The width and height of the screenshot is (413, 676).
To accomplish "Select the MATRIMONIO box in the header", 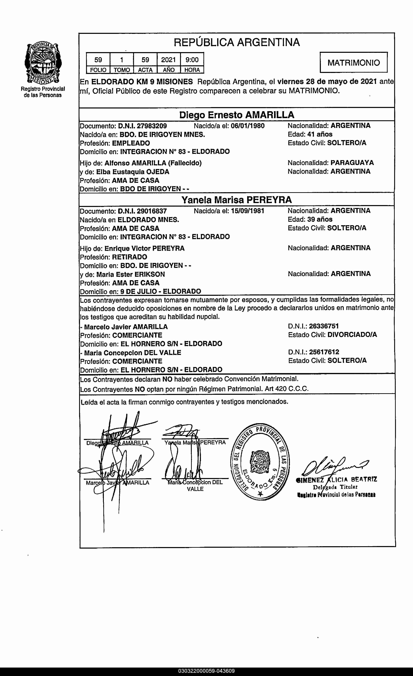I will tap(354, 63).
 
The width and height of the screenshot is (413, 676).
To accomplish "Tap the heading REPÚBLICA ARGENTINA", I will tap(237, 42).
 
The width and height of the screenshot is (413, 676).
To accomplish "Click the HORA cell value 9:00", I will tap(192, 60).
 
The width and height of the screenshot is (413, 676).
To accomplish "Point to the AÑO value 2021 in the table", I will tap(168, 60).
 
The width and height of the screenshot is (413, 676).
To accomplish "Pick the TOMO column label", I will tap(122, 70).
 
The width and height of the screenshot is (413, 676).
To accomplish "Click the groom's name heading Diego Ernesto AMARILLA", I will tap(237, 115).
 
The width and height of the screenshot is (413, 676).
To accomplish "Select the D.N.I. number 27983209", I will tap(152, 126).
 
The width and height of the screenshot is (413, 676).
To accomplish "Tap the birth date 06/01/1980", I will tap(248, 126).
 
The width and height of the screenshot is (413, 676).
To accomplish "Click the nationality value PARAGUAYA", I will tap(352, 163).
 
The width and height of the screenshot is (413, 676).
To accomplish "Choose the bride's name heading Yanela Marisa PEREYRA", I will tap(236, 200).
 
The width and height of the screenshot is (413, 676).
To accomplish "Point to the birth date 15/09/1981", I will tap(248, 211).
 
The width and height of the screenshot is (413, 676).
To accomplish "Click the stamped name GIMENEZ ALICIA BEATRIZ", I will tap(336, 480).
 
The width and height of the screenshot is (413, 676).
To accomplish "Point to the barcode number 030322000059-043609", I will tap(206, 671).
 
